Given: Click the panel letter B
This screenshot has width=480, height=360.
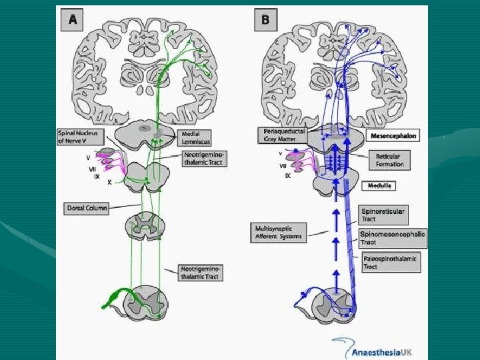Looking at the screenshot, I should [265, 20].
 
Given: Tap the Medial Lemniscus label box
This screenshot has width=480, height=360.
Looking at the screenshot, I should [195, 137].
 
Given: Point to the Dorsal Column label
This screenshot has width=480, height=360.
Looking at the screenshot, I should [85, 207].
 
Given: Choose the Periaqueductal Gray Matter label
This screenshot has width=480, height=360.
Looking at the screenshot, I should [283, 135].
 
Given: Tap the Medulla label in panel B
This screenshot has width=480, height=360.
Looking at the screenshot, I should [378, 185].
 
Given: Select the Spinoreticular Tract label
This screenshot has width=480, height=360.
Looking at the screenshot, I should [382, 215].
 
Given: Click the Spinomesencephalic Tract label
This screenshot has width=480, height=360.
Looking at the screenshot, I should [392, 238].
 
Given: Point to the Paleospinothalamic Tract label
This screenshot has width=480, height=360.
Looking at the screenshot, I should [391, 262].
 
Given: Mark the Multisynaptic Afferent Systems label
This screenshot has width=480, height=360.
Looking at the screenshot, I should [279, 231].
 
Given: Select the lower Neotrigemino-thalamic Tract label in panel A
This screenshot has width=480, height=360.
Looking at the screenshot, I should [201, 272].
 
